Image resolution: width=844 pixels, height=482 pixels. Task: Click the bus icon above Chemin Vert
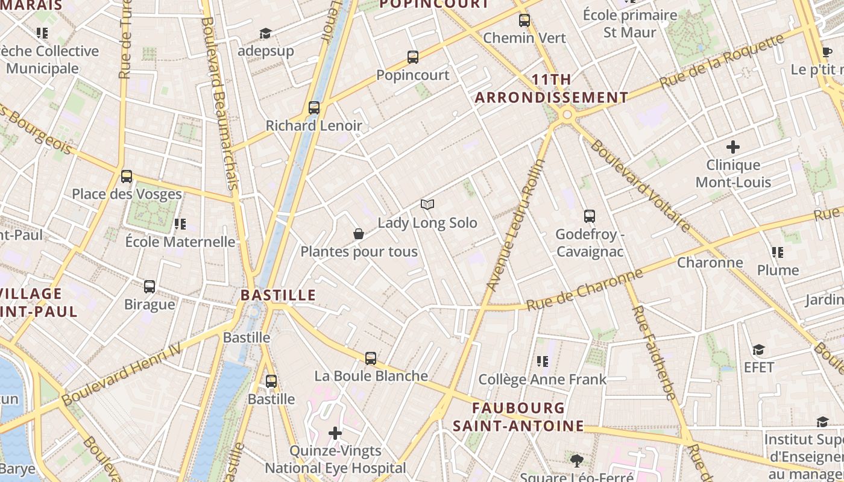pyautogui.click(x=524, y=20)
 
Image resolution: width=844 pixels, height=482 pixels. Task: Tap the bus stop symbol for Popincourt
pyautogui.click(x=413, y=57)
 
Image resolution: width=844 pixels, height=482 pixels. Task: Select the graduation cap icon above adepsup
pyautogui.click(x=265, y=33)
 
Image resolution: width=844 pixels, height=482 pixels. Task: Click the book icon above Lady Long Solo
pyautogui.click(x=427, y=205)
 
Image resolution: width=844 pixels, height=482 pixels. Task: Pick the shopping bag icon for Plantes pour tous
pyautogui.click(x=359, y=234)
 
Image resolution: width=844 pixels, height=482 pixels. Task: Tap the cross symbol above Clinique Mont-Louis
pyautogui.click(x=733, y=146)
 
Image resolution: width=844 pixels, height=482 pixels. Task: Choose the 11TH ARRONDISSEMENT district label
pyautogui.click(x=552, y=89)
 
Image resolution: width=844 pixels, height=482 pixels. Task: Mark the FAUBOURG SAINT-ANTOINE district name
pyautogui.click(x=518, y=417)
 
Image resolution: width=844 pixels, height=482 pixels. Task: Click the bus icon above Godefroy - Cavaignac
pyautogui.click(x=590, y=216)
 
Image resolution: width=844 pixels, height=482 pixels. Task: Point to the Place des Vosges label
pyautogui.click(x=127, y=194)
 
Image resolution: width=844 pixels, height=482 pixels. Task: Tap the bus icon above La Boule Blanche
pyautogui.click(x=371, y=358)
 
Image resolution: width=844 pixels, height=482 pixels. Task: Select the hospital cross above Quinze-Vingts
pyautogui.click(x=335, y=433)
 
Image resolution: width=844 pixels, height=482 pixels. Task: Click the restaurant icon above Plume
pyautogui.click(x=778, y=252)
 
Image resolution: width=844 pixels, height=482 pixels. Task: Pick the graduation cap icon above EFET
pyautogui.click(x=758, y=349)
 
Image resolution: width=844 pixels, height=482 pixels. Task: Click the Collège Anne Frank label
pyautogui.click(x=542, y=379)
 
